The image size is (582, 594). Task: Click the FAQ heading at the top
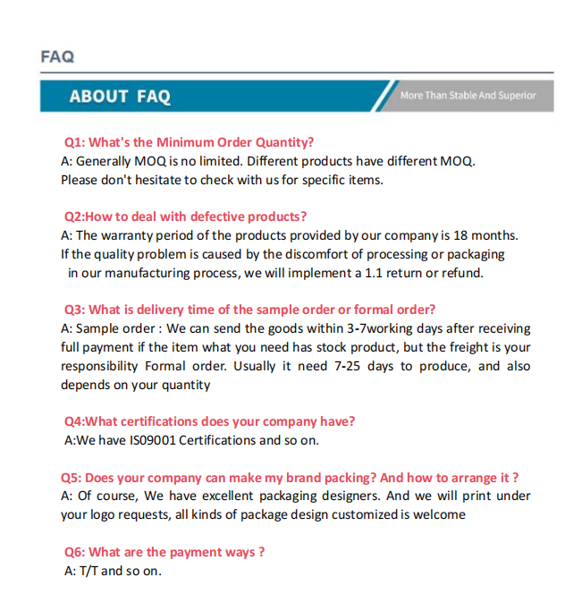click(x=57, y=56)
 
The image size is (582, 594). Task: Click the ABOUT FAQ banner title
click(x=120, y=97)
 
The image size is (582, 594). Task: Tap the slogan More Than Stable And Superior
click(x=468, y=96)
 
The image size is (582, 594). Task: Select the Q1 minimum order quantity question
click(x=189, y=142)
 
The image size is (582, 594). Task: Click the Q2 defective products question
click(x=186, y=216)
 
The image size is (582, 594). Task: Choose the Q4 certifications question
click(x=210, y=421)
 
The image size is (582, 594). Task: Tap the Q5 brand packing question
click(x=290, y=478)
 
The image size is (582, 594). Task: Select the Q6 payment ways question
click(x=164, y=552)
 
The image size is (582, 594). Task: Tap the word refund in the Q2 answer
click(x=461, y=273)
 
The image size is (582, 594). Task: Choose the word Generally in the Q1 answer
click(x=105, y=161)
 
